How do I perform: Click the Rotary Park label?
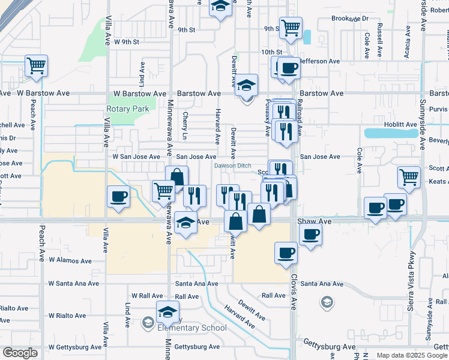127,109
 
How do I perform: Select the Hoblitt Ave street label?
402,125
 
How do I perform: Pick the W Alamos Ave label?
70,261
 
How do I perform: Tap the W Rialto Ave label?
70,315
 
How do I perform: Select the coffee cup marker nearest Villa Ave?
118,196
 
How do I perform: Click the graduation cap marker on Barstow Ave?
246,85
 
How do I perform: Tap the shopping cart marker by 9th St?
291,28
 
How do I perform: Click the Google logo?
20,353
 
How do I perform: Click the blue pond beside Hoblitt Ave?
391,133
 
